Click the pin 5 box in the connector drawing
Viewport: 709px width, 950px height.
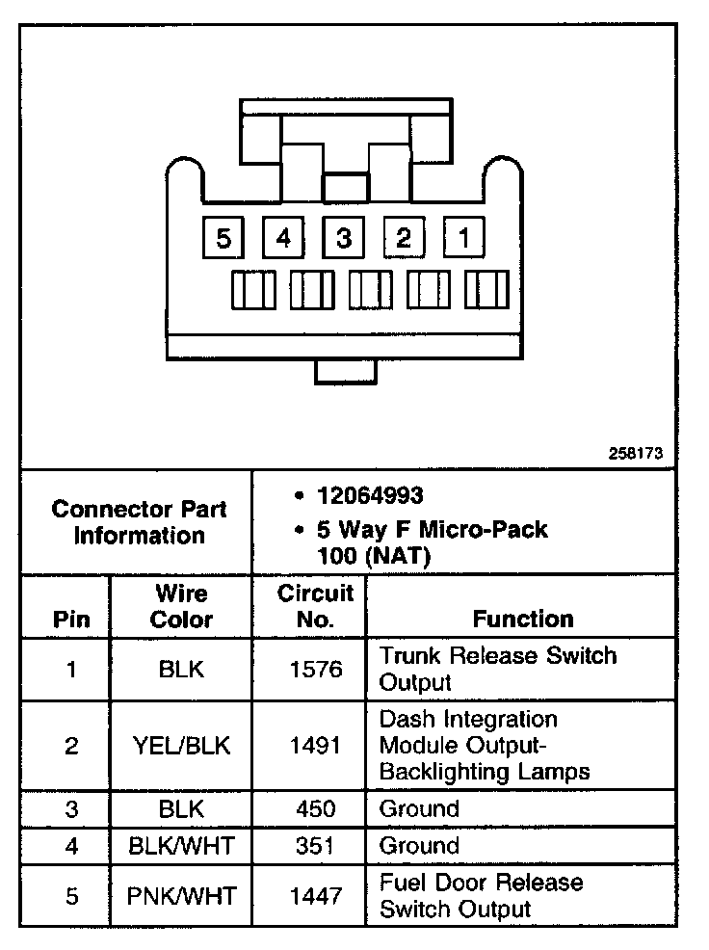pyautogui.click(x=224, y=238)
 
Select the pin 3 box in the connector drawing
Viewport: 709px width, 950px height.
pyautogui.click(x=344, y=238)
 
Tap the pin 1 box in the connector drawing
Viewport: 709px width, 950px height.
pyautogui.click(x=463, y=238)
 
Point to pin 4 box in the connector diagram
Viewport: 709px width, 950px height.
pyautogui.click(x=283, y=238)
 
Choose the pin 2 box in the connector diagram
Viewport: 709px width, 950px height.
pyautogui.click(x=404, y=238)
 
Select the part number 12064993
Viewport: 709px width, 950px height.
pyautogui.click(x=370, y=495)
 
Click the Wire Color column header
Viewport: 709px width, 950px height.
pyautogui.click(x=181, y=606)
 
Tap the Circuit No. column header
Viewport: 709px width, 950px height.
pyautogui.click(x=315, y=606)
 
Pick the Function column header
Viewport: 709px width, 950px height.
pyautogui.click(x=523, y=619)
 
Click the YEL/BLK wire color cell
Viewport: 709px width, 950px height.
pyautogui.click(x=181, y=745)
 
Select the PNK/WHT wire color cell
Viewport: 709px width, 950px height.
pyautogui.click(x=181, y=896)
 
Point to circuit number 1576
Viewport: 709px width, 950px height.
pyautogui.click(x=315, y=669)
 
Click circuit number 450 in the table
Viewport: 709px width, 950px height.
pyautogui.click(x=315, y=808)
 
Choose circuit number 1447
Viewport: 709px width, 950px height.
pyautogui.click(x=315, y=896)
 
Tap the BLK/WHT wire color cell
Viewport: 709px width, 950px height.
pyautogui.click(x=181, y=846)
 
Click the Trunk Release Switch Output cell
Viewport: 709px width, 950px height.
pyautogui.click(x=497, y=669)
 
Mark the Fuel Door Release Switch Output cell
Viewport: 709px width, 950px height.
pyautogui.click(x=482, y=896)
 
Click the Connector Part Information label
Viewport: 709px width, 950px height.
pyautogui.click(x=139, y=521)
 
